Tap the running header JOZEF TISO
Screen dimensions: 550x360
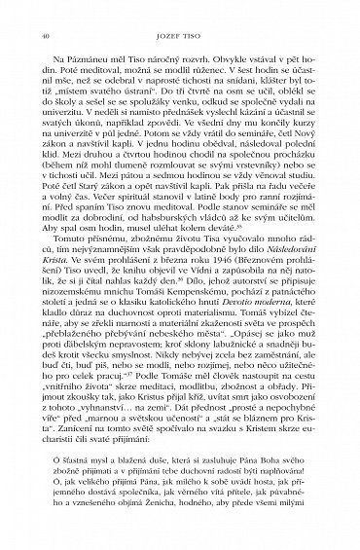[x=180, y=33]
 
